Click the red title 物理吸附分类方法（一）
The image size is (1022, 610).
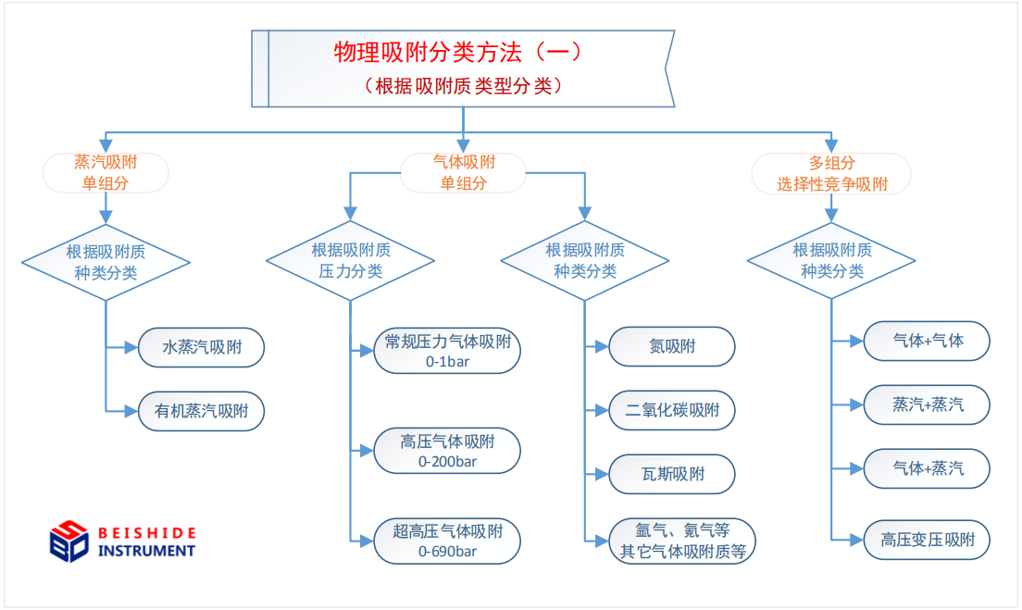point(457,52)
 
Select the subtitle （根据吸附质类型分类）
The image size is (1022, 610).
point(463,86)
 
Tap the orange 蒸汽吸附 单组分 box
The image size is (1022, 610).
point(106,173)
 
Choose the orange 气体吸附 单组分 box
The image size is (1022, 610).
point(463,173)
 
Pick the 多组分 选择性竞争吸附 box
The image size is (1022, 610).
point(831,174)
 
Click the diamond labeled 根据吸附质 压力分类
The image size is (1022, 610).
point(351,261)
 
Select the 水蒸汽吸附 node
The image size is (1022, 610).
point(202,347)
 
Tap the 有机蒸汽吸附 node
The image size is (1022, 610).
point(202,411)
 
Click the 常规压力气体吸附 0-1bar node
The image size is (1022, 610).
point(447,351)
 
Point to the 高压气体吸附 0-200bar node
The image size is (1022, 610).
point(447,451)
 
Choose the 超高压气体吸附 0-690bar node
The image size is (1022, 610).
point(447,541)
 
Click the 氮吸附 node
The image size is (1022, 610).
point(672,347)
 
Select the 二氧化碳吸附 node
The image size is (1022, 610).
point(672,411)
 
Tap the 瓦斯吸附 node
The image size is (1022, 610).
point(672,475)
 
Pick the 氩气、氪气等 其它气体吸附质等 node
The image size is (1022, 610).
point(682,541)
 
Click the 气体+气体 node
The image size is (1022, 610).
point(927,341)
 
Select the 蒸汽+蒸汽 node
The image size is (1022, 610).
point(927,405)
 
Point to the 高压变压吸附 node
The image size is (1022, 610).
point(927,540)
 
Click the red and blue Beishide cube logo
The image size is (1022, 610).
point(69,541)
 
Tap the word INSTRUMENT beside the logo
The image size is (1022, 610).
point(146,552)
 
